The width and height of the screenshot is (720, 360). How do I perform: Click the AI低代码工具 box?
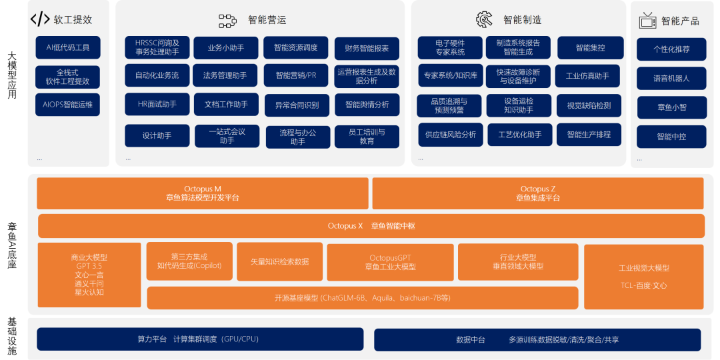point(68,47)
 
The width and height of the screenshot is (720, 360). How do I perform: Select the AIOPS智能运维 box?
point(68,105)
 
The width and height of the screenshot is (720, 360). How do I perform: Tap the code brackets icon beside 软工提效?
point(40,19)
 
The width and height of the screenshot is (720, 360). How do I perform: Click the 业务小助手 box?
point(226,48)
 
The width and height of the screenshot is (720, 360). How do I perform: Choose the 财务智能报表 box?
point(367,48)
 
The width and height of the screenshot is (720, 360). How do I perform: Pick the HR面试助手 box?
point(157,104)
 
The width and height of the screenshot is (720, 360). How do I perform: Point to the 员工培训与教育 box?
point(367,137)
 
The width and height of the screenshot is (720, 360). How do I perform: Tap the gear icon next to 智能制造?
point(484,19)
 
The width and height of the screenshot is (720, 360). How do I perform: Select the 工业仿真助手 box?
point(587,76)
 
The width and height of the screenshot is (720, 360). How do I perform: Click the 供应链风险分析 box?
point(451,135)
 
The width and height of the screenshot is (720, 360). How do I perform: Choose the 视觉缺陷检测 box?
point(589,105)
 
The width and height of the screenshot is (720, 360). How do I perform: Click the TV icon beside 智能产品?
point(647,21)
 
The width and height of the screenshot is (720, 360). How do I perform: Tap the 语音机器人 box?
point(671,78)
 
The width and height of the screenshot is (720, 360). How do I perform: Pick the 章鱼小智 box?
point(671,107)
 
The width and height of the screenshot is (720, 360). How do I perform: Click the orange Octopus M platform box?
point(203,193)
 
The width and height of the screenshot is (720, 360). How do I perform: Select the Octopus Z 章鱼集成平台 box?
point(537,193)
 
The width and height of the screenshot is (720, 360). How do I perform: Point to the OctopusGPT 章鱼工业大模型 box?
point(390,262)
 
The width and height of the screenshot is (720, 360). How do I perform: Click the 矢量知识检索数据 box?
point(279,262)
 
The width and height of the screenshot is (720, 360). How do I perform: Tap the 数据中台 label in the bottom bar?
point(471,340)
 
